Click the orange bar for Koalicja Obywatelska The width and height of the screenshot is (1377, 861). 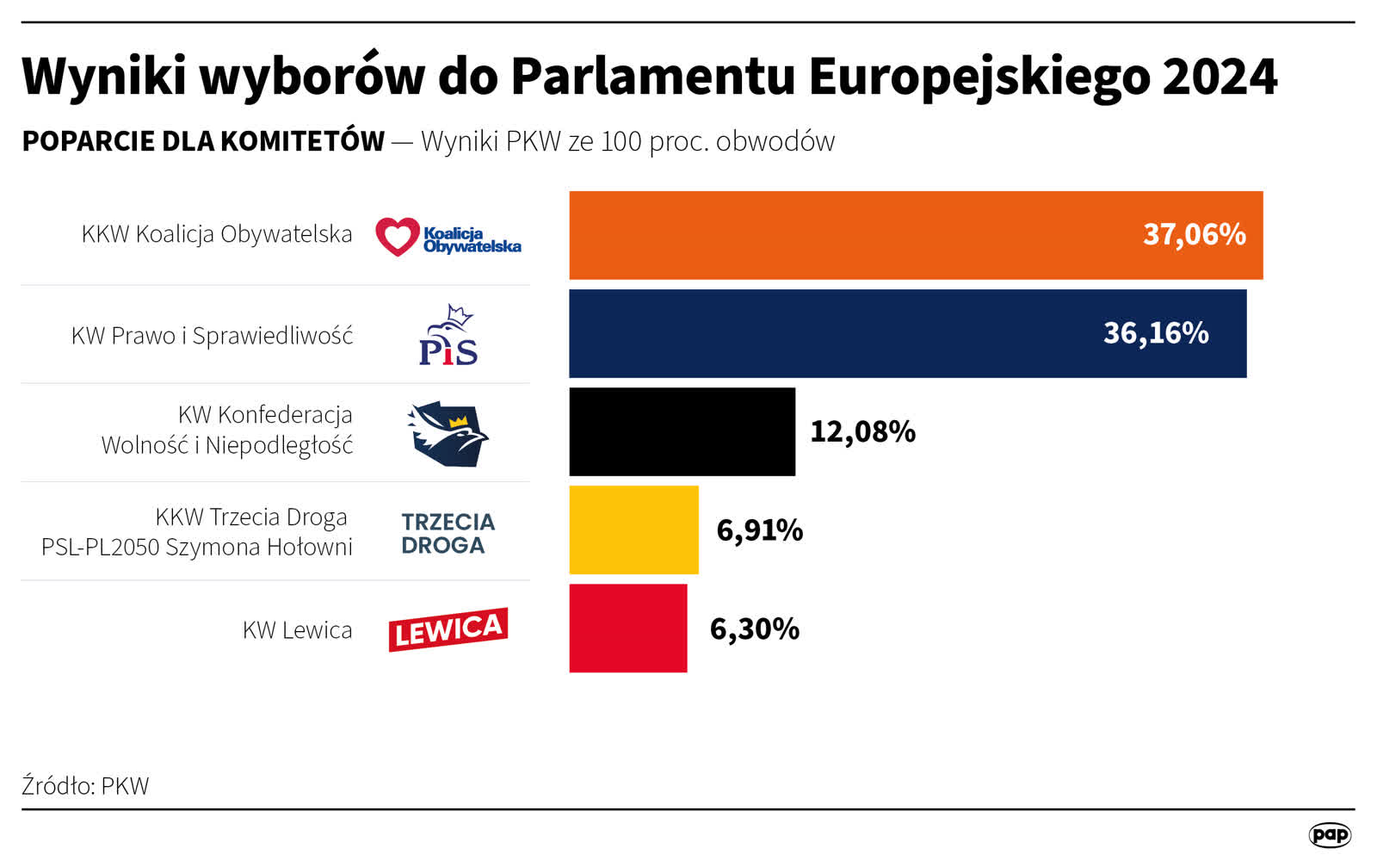861,235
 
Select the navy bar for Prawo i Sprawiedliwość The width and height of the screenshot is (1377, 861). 826,333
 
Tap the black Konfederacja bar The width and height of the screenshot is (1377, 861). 682,431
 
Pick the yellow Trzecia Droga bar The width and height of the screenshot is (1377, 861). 633,530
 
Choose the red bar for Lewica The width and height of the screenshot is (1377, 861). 627,628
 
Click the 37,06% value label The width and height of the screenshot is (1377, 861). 1194,234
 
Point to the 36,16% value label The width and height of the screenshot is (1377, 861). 1156,333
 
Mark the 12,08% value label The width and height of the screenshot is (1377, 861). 862,431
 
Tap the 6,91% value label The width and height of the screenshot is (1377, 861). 759,530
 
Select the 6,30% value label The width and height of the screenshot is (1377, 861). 754,629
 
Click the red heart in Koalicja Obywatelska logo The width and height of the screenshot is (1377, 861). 397,236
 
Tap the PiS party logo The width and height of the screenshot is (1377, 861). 448,336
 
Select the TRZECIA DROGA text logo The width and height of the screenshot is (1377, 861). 448,533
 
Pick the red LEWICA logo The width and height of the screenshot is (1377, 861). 448,629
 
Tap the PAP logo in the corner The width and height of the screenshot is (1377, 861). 1330,834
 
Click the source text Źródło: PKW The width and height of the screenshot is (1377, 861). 85,785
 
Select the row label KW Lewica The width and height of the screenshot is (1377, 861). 297,629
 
